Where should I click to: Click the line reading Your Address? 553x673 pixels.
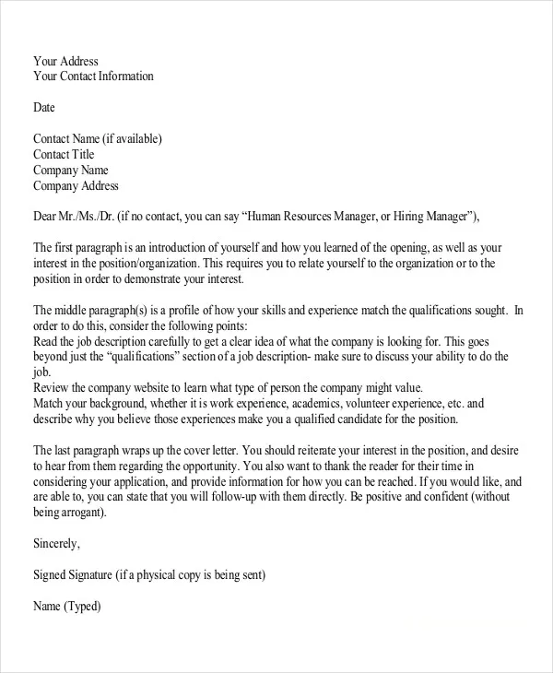(x=65, y=62)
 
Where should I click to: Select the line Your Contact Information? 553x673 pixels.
(x=93, y=77)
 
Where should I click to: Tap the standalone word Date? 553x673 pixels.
(x=44, y=107)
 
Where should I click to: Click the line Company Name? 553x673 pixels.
(x=71, y=171)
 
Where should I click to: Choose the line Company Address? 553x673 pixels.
(x=76, y=186)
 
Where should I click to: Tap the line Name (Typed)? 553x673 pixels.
(x=67, y=607)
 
